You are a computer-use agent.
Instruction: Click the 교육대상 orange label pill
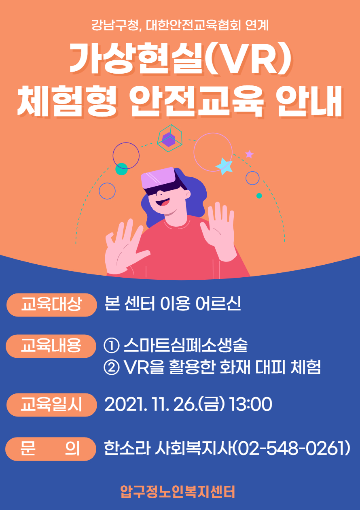tap(52, 305)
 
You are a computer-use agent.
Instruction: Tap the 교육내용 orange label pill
tap(51, 346)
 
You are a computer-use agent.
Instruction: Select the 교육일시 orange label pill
tap(52, 405)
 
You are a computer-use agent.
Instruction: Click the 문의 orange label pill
tap(51, 449)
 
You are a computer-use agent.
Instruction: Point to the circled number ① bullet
tap(112, 346)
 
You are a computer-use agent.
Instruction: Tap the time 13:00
tap(250, 404)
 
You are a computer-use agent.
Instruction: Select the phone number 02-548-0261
tap(292, 448)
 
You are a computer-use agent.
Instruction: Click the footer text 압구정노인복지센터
tap(178, 492)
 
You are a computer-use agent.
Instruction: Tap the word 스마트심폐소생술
tap(186, 345)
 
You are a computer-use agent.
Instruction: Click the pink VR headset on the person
tap(158, 178)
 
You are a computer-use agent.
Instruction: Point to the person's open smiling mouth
tap(163, 202)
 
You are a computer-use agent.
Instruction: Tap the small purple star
tap(250, 154)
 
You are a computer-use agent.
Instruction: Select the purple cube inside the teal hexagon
tap(169, 139)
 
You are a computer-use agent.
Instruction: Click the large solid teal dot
tap(121, 169)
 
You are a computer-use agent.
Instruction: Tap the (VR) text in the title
tap(248, 58)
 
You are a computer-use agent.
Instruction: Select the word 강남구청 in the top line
tap(115, 25)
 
